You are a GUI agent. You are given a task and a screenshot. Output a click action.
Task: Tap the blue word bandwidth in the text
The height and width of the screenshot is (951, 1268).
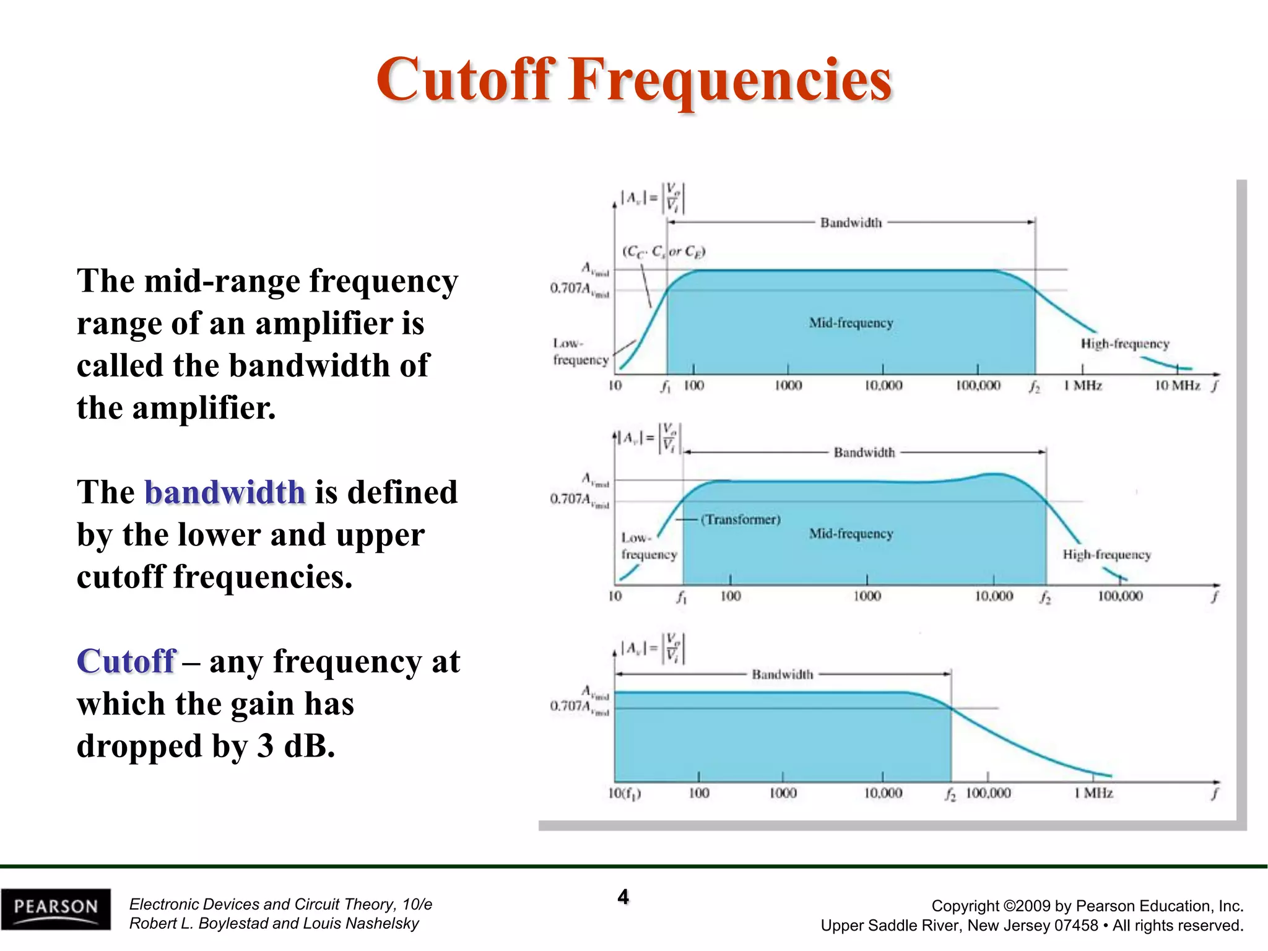(225, 493)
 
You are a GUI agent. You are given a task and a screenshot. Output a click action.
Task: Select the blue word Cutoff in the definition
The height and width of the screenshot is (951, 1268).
(126, 661)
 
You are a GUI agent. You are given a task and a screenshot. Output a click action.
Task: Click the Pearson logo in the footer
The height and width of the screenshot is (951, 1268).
(56, 908)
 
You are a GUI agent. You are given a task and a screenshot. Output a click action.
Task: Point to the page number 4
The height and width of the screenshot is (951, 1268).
(623, 897)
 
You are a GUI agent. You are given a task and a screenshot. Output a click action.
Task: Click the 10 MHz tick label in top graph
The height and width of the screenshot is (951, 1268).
(1177, 386)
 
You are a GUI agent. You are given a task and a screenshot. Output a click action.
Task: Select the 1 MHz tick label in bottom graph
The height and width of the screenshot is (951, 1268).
(1093, 793)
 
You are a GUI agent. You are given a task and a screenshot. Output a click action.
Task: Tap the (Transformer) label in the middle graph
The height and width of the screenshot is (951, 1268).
(740, 519)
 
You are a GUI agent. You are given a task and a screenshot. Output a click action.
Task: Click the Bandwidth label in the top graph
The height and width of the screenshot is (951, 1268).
(851, 223)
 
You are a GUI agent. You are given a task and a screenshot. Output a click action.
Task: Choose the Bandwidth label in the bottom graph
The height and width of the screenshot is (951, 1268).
(782, 674)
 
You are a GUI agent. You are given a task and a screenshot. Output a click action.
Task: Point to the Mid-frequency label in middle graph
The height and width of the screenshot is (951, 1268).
(851, 534)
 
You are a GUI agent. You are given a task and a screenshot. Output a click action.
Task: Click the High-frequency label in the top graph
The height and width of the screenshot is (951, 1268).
(1124, 344)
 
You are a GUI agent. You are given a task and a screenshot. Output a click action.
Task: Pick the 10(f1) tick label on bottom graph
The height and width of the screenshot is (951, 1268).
(624, 793)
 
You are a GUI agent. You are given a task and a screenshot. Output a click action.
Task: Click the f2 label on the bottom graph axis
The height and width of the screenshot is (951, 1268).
(950, 794)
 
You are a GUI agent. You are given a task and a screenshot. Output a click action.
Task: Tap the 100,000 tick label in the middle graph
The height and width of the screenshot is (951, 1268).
(1119, 596)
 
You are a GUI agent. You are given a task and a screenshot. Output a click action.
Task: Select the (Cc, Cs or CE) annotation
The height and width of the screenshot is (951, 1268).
(664, 251)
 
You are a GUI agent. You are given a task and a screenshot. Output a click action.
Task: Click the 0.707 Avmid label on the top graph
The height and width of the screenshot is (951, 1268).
(580, 289)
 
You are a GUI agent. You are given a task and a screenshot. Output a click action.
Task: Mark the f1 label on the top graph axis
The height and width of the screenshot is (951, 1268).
(666, 386)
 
